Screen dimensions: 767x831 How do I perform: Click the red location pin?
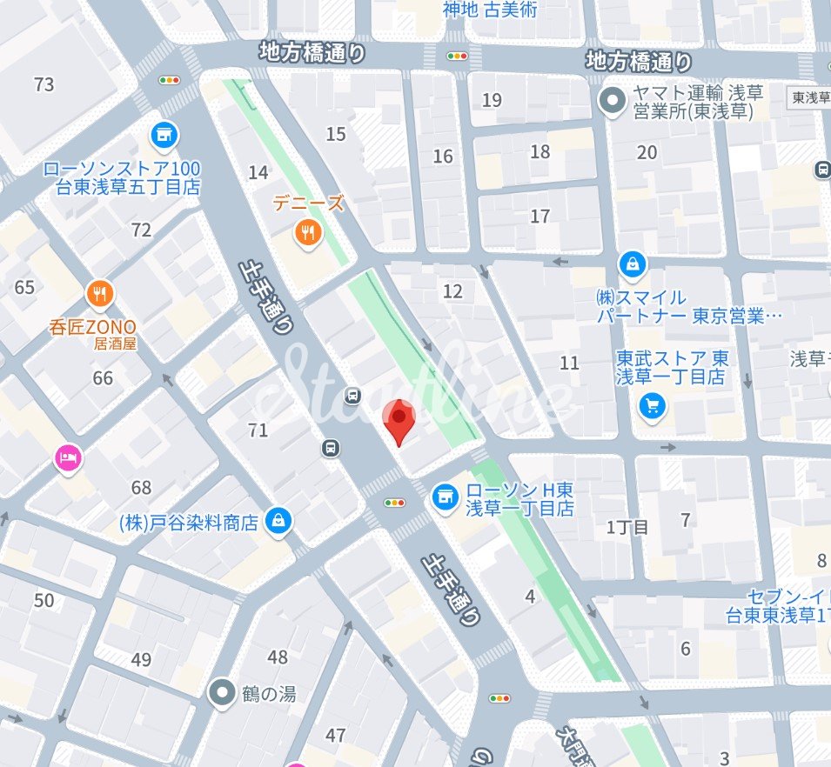click(399, 419)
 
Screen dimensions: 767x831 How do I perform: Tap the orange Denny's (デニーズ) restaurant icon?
click(307, 231)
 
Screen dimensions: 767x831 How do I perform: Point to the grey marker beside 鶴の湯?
click(224, 692)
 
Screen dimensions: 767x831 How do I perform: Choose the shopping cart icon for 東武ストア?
click(652, 405)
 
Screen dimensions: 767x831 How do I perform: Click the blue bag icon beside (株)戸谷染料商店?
click(278, 521)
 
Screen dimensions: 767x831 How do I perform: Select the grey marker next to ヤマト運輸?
click(613, 102)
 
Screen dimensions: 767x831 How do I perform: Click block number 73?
click(44, 84)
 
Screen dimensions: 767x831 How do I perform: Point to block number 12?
click(452, 291)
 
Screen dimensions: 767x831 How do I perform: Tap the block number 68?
click(141, 488)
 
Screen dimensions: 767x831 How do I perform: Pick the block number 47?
click(336, 736)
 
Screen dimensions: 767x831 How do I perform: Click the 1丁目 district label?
click(627, 527)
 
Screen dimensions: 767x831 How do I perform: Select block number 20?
click(647, 153)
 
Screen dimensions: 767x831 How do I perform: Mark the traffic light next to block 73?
click(169, 80)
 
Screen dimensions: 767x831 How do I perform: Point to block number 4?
click(530, 597)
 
